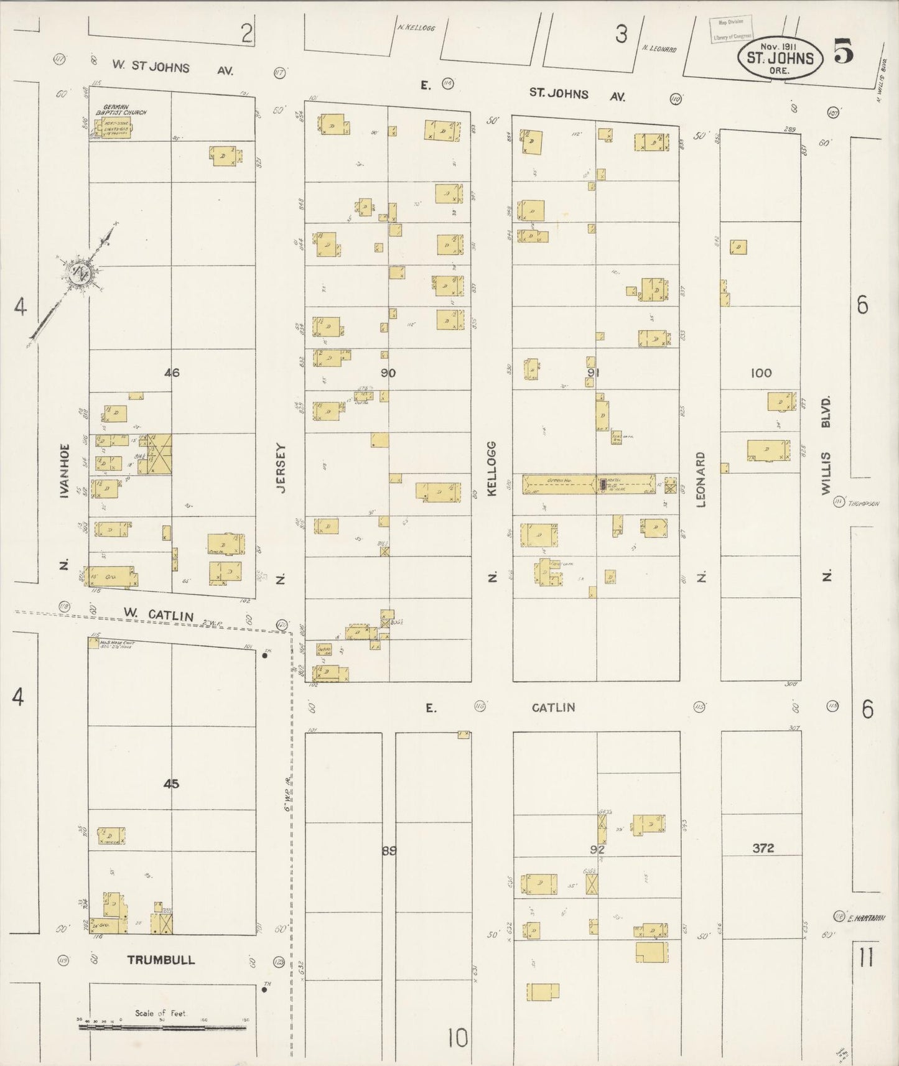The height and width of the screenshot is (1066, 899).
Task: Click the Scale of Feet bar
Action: point(162,1027)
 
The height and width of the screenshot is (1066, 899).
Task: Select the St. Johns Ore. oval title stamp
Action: point(780,58)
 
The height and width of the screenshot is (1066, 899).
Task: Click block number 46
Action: point(172,373)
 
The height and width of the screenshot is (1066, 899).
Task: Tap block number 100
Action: point(761,373)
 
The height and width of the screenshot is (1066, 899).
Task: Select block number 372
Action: point(763,848)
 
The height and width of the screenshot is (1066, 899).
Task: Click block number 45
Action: point(171,784)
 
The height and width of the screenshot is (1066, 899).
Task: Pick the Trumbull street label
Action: point(161,960)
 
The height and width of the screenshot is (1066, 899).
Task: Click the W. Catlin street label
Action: point(158,615)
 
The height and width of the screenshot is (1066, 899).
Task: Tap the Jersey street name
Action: point(281,468)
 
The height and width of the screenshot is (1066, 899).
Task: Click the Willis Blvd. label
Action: point(826,446)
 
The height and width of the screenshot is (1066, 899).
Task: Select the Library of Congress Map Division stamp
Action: point(732,29)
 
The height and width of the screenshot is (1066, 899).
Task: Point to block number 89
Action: point(389,850)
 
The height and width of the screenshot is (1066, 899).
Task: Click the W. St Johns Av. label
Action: point(173,68)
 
